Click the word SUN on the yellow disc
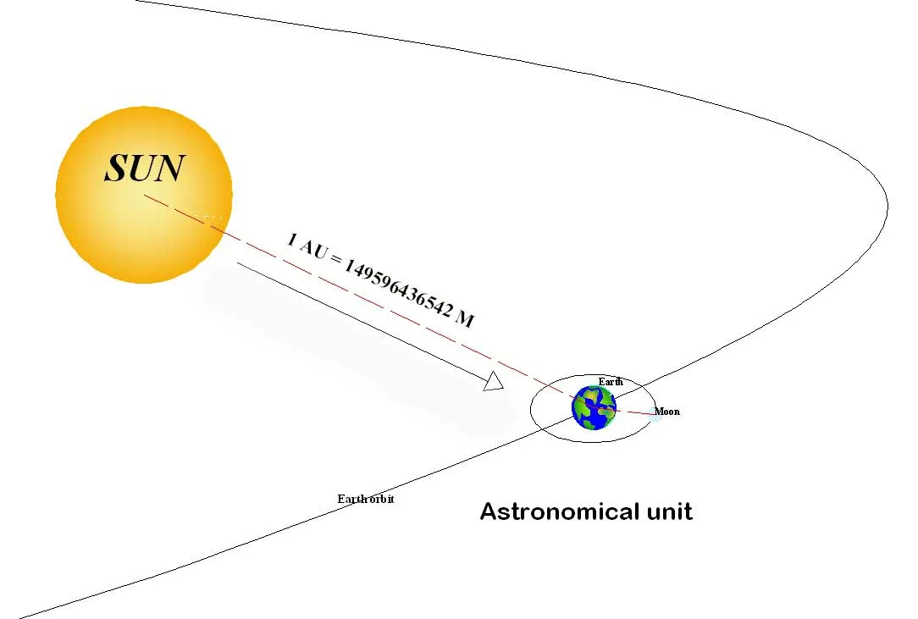143,169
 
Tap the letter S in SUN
117,169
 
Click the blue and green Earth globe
593,407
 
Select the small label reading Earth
610,382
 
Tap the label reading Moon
667,412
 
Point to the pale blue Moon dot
655,414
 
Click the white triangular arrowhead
494,383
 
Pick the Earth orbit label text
366,499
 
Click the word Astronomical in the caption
558,511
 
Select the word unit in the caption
667,511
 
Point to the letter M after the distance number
465,319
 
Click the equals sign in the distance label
335,261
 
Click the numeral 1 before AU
292,240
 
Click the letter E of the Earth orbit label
341,499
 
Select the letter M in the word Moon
658,412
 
